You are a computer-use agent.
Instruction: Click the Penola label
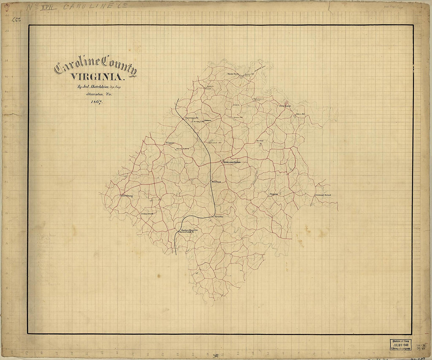219,216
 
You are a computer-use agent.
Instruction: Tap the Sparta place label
274,194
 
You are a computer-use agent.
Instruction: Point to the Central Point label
323,195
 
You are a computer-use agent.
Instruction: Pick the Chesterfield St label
187,232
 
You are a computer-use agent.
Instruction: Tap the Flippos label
169,143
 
